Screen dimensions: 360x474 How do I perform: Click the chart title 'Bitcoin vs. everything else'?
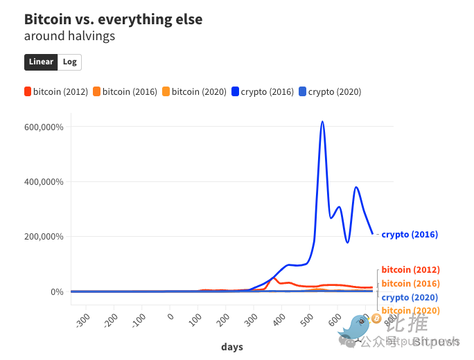(x=113, y=19)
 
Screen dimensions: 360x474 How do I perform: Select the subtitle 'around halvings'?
(x=69, y=36)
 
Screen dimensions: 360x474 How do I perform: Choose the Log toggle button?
(x=69, y=62)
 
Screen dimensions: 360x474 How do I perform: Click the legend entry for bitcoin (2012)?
(x=56, y=91)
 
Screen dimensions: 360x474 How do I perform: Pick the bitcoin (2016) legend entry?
(x=125, y=91)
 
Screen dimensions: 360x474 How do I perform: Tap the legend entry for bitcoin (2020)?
(x=194, y=91)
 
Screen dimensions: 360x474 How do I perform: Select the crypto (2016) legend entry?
(x=262, y=91)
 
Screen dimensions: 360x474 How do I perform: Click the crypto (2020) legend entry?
(x=330, y=91)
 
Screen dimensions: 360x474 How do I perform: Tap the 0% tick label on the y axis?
(x=56, y=291)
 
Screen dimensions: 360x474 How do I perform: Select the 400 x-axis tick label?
(x=280, y=320)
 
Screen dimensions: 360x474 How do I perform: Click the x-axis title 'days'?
(x=232, y=347)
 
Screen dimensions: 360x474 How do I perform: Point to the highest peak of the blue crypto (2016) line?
(x=322, y=122)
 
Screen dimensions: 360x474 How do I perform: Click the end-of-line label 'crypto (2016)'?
(x=410, y=235)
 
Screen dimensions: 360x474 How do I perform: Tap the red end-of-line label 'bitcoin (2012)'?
(x=410, y=269)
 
